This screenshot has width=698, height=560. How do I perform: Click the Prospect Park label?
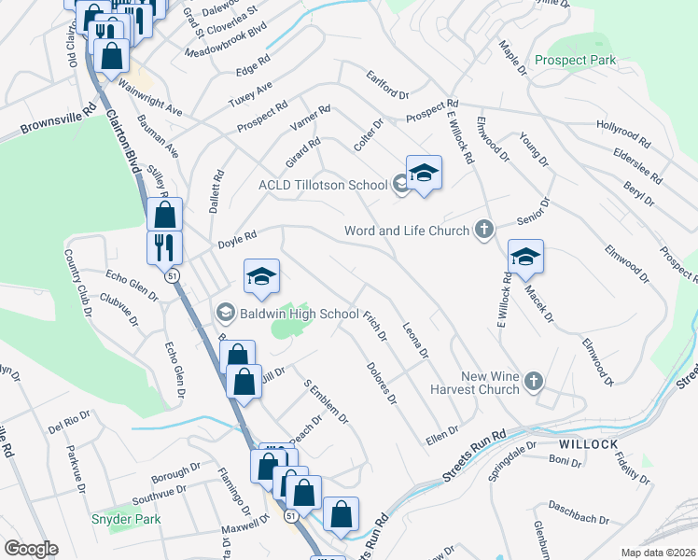576,61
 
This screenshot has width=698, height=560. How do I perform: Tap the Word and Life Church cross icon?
483,230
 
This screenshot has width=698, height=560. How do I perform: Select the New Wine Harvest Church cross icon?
533,381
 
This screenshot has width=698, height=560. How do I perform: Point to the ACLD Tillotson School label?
322,185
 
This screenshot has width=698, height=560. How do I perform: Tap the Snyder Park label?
126,519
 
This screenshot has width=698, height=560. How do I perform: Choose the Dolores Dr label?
382,384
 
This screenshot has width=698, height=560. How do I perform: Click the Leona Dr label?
414,341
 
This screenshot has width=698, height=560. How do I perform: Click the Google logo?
31,549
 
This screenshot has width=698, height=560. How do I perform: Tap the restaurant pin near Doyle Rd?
164,248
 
